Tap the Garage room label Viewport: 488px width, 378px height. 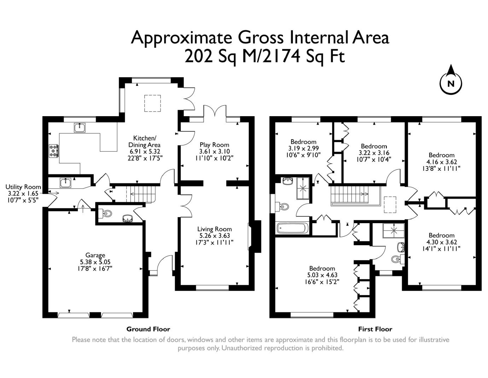click(95, 255)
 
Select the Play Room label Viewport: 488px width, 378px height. click(214, 145)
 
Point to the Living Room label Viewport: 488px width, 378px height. click(214, 229)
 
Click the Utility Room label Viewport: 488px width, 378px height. click(23, 187)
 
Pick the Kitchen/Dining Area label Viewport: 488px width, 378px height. click(144, 141)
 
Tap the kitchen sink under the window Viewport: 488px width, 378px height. click(80, 128)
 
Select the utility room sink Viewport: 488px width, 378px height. click(65, 182)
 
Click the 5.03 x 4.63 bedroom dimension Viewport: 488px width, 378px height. click(322, 275)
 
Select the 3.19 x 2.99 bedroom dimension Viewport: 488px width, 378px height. click(303, 148)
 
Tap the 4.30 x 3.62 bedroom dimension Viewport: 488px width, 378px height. click(442, 242)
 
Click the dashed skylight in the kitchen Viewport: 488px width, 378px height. click(152, 103)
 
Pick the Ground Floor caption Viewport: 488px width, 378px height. click(148, 329)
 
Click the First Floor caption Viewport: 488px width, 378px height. click(375, 329)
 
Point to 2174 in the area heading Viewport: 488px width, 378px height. click(281, 56)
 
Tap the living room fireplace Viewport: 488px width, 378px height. click(255, 236)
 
